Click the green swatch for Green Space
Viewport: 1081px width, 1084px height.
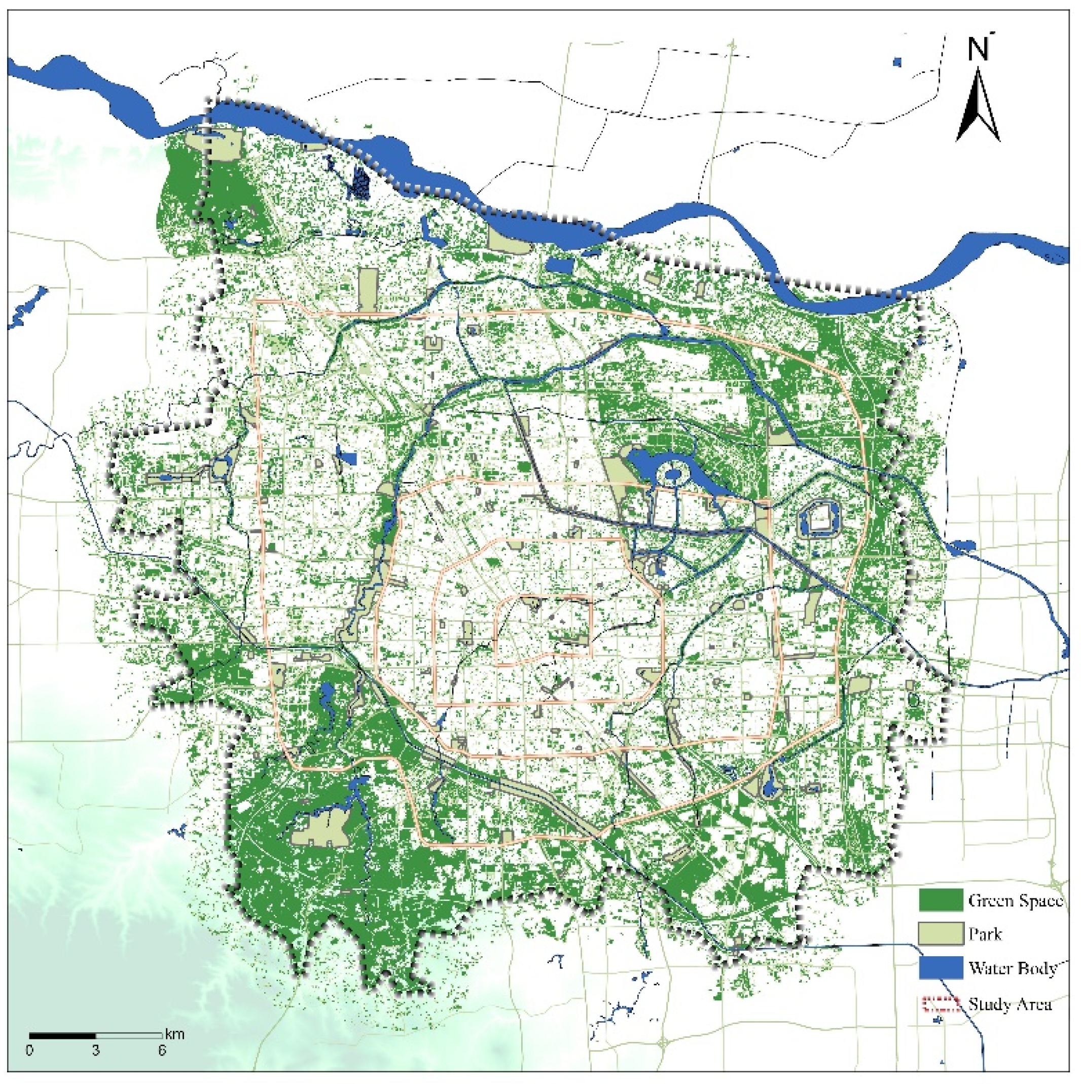point(940,900)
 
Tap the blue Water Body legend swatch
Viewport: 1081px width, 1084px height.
point(940,968)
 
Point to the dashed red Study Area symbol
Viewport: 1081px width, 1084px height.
point(940,1004)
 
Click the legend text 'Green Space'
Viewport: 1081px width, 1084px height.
point(1015,901)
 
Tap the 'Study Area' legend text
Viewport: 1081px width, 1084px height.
point(1010,1004)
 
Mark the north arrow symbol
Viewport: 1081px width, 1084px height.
point(978,106)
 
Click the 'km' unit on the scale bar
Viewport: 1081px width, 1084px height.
point(174,1034)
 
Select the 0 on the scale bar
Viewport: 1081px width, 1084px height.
point(29,1050)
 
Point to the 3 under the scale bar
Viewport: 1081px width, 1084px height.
point(96,1050)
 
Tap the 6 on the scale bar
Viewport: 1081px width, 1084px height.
point(162,1050)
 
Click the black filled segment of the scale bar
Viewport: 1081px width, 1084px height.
point(62,1035)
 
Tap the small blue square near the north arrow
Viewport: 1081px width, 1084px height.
point(896,62)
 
